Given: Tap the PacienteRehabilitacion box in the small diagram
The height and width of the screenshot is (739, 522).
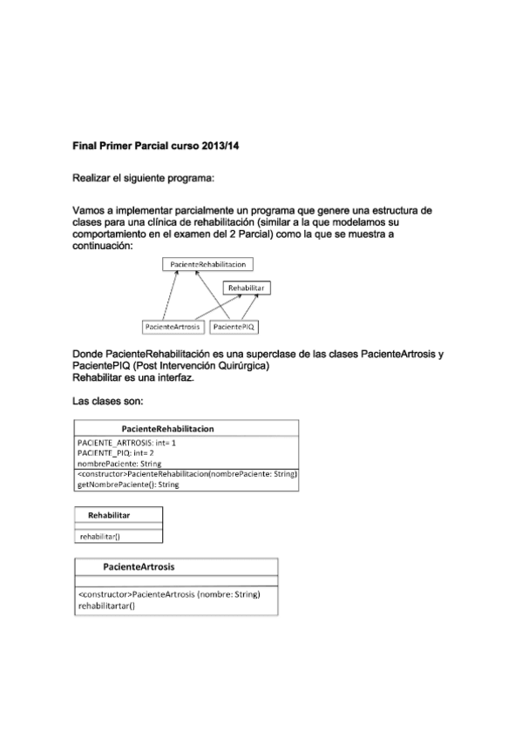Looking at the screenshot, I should click(x=207, y=265).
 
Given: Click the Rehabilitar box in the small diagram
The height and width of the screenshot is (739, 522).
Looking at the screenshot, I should click(x=246, y=288).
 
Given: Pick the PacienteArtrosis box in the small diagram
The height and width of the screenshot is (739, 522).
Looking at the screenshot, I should click(x=173, y=327).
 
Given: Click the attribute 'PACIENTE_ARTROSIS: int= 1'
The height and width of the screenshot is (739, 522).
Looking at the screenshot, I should click(x=126, y=444).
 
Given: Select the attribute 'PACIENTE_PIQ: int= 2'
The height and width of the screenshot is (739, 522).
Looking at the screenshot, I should click(x=116, y=453).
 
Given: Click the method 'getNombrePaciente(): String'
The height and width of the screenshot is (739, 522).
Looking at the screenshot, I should click(x=128, y=484).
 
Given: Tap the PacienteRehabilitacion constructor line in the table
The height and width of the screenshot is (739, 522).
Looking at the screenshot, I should click(x=187, y=474).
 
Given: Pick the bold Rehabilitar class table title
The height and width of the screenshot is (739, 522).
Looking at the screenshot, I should click(x=109, y=516).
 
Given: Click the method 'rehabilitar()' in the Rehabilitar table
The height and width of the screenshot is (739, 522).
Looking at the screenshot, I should click(x=100, y=537).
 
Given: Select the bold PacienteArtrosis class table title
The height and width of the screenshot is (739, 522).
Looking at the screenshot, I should click(x=139, y=566).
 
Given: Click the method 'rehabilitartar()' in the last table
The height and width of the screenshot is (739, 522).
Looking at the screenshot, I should click(x=106, y=604).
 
